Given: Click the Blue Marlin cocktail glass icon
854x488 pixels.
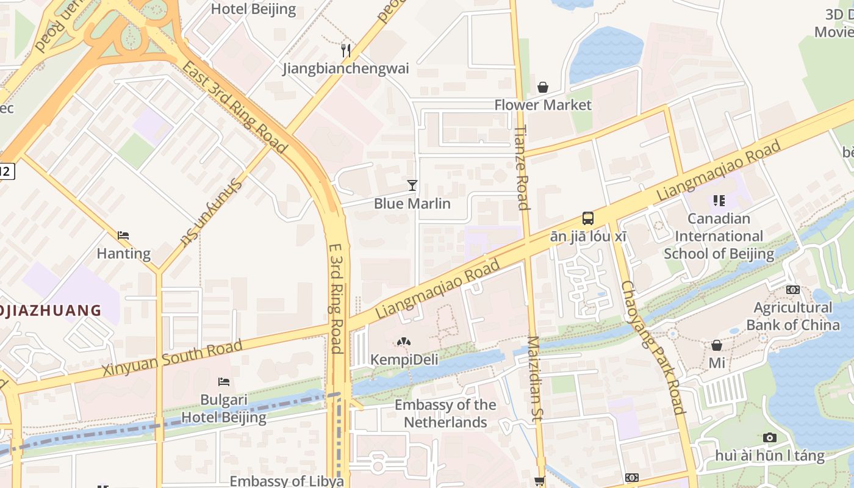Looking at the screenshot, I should pos(412,185).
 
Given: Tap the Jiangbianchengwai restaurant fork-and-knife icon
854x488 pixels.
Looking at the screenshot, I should pos(346,50).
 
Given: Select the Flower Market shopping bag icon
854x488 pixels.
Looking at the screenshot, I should pos(542,87).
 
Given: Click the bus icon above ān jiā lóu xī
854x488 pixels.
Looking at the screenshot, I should pos(588,218).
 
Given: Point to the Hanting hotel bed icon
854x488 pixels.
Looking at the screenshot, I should pos(123,235).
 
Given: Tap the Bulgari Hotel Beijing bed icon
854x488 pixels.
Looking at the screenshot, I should pos(224,382).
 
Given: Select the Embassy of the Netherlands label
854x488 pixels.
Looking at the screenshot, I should pos(445,413).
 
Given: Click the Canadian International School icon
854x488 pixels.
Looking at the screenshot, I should pos(719,200).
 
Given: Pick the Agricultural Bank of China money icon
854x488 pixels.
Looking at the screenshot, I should pos(792,290).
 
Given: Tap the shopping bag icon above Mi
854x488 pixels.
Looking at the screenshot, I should pos(717,345).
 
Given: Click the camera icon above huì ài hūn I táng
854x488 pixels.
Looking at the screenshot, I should pos(769,437).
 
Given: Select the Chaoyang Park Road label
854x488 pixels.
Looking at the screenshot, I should pos(653,348).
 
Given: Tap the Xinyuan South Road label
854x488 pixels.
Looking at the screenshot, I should pos(172,359).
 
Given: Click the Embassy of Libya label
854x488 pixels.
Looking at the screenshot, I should pos(287,481).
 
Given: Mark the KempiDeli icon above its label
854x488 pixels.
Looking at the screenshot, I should pos(403,342).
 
